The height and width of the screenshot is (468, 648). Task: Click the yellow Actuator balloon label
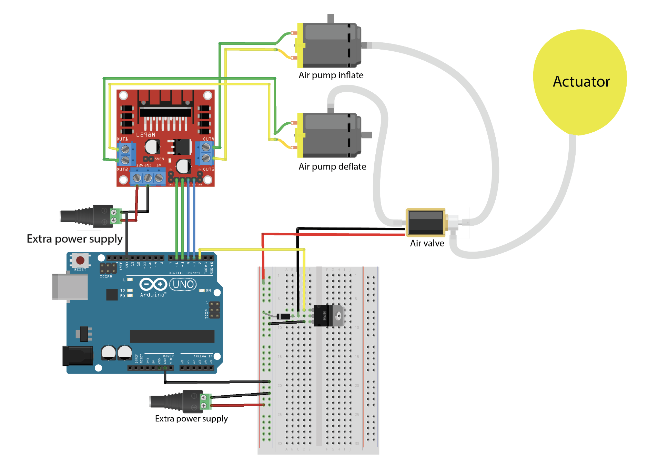[581, 82]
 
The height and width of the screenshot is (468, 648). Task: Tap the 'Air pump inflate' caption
[331, 75]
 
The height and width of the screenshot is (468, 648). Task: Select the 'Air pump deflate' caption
[332, 166]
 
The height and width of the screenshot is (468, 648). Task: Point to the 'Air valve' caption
[427, 243]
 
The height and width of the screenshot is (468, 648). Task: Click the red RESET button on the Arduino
[80, 260]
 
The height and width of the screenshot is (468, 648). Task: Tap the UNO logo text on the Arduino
[183, 284]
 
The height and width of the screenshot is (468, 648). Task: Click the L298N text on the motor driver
[145, 135]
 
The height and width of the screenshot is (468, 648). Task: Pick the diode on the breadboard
[283, 316]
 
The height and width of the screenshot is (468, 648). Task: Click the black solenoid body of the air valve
[425, 223]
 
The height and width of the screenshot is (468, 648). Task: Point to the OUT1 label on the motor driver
[122, 139]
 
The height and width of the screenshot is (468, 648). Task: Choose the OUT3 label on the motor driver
[209, 169]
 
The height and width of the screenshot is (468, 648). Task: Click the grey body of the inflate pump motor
[329, 45]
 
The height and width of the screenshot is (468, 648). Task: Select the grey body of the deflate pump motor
[329, 135]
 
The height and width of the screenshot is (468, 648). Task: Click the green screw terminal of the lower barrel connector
[205, 401]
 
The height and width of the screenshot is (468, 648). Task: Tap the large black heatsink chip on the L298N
[165, 112]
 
